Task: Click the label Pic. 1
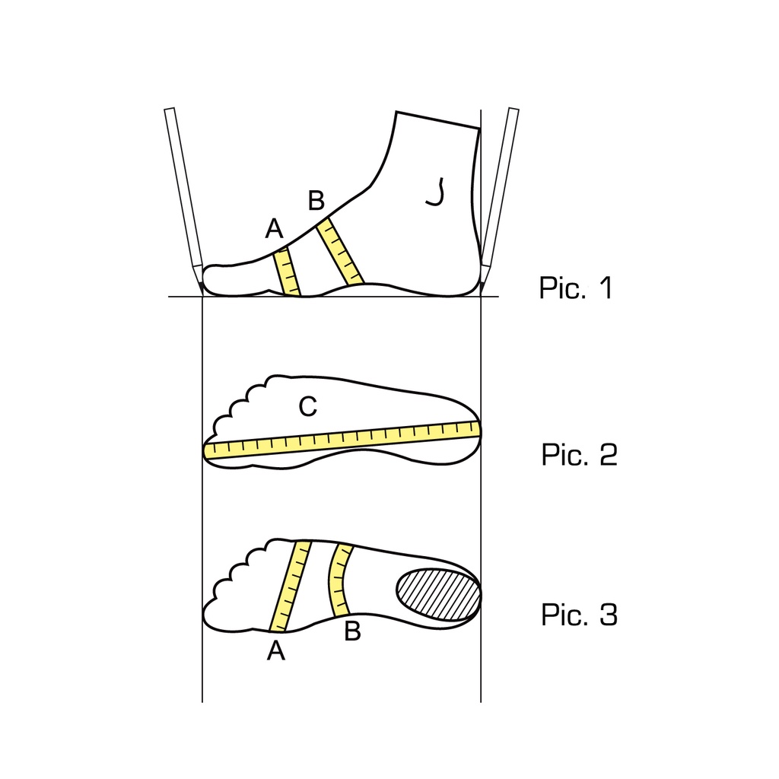(576, 287)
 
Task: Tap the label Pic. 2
(579, 454)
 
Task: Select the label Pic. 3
(579, 615)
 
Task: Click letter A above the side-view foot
(274, 228)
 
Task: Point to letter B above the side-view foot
(316, 200)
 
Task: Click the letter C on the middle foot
(308, 406)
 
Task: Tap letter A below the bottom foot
(276, 650)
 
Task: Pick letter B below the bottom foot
(352, 631)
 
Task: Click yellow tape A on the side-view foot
(288, 272)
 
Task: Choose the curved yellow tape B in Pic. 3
(339, 580)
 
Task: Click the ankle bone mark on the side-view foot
(436, 192)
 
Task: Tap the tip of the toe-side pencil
(202, 294)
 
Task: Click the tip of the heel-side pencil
(481, 294)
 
